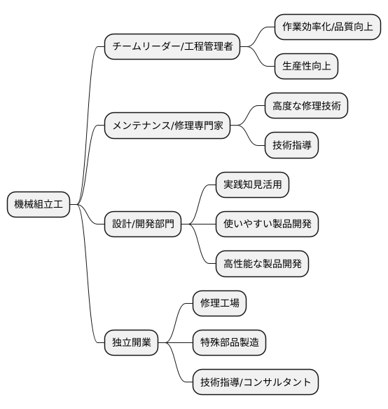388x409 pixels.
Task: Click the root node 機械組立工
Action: click(39, 205)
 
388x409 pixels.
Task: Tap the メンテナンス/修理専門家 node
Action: click(167, 126)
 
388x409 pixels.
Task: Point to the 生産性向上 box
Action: click(305, 66)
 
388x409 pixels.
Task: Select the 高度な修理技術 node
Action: click(305, 107)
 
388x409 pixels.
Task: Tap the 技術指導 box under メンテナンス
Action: click(291, 146)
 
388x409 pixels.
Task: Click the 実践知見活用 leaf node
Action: click(252, 185)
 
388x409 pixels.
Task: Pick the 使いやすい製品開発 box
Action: click(267, 224)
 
